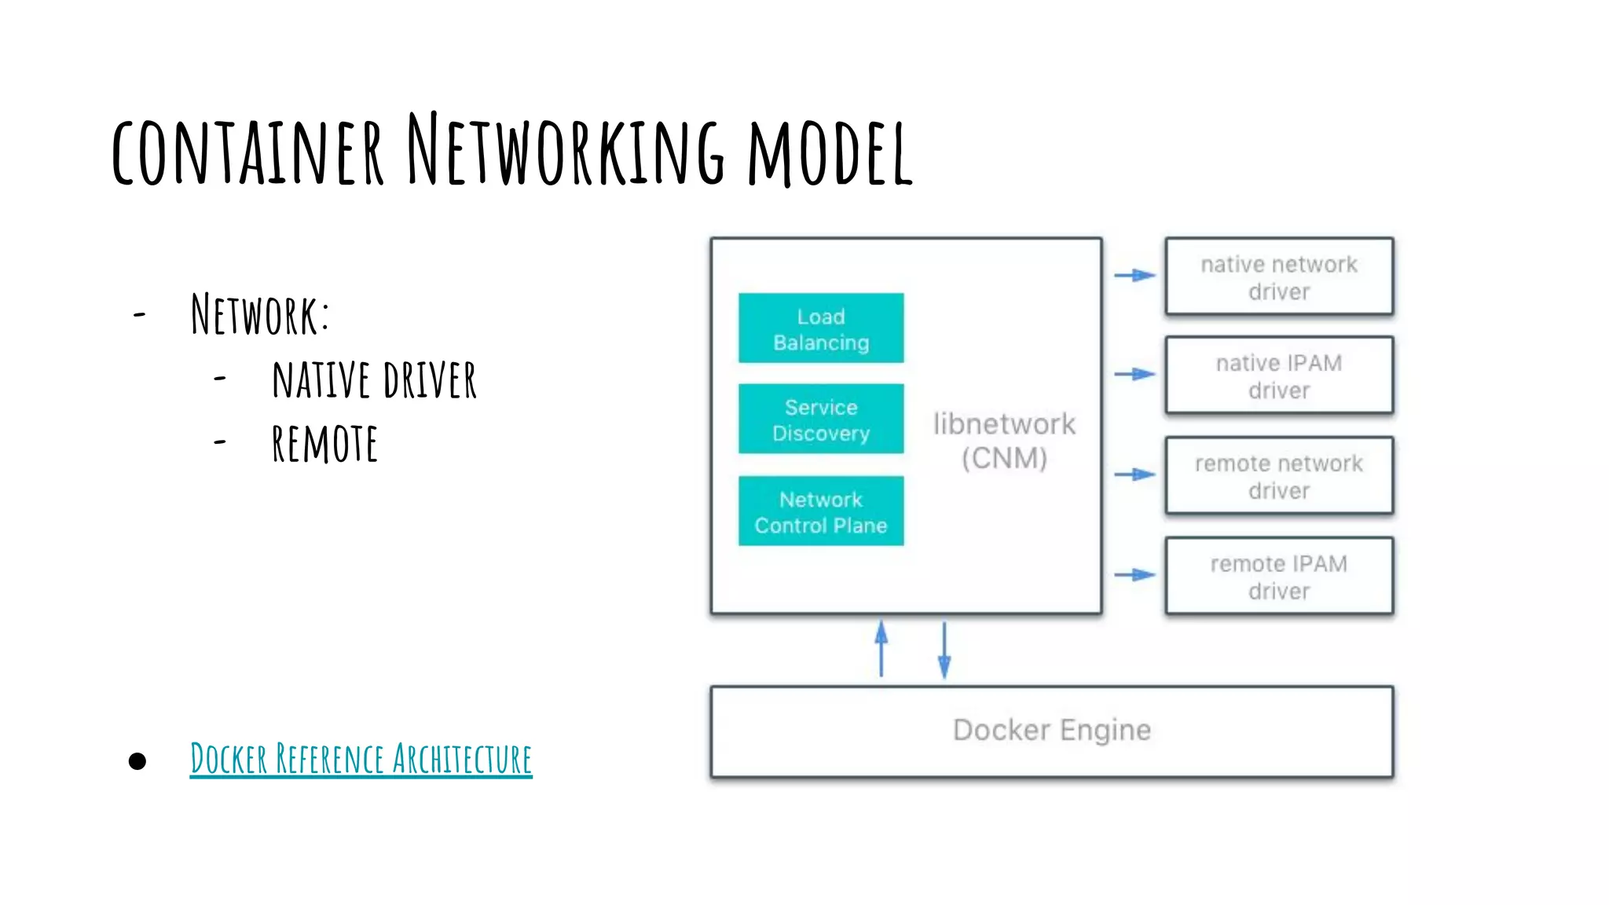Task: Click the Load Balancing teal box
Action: click(820, 328)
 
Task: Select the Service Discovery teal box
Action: click(820, 420)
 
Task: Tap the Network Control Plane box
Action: click(820, 511)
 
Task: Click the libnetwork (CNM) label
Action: click(1004, 441)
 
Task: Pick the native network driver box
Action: click(1278, 277)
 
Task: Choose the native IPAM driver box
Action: click(1278, 376)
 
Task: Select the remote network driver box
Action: click(1278, 476)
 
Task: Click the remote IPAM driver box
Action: click(1278, 577)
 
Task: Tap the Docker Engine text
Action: click(1051, 730)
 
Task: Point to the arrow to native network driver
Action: click(1134, 275)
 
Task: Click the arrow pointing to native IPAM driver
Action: click(1134, 374)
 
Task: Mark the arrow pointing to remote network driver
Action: click(1134, 474)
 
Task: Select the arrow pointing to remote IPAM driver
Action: click(1134, 575)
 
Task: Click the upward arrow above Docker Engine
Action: click(881, 649)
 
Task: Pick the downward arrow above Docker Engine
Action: click(944, 649)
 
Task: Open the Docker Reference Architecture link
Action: click(361, 759)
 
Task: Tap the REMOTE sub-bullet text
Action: click(324, 444)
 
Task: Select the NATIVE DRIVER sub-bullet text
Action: click(374, 380)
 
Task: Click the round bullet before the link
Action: click(137, 760)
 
